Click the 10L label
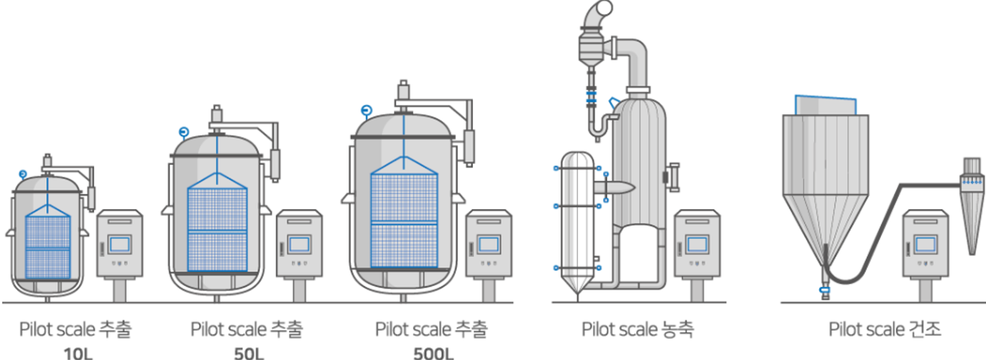coord(78,353)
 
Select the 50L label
coord(249,353)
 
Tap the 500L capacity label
coord(433,353)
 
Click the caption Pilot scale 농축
coord(637,330)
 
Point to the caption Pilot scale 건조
coord(885,330)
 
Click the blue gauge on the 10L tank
coord(23,174)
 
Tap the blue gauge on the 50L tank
coord(183,131)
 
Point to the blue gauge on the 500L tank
coord(367,110)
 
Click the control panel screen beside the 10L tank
coord(120,244)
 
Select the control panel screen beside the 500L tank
coord(489,244)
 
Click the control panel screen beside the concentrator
coord(696,244)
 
